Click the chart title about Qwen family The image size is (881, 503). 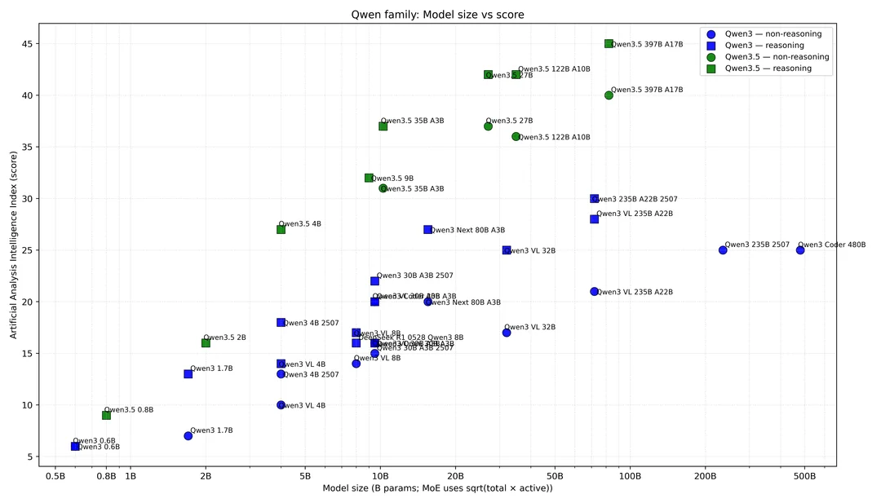440,14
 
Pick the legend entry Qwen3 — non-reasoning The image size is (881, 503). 773,34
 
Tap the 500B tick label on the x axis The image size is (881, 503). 804,475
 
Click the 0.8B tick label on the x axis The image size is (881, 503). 106,475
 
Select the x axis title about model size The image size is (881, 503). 437,488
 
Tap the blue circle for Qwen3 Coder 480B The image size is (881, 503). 800,250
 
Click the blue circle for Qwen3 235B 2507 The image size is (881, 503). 723,250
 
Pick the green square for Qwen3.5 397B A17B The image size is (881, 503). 609,44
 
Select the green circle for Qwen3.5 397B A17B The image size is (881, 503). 609,95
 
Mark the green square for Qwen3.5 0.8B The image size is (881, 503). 106,415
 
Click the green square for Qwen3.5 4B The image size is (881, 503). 281,230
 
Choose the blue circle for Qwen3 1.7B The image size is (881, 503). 188,436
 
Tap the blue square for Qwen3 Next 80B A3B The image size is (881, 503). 427,230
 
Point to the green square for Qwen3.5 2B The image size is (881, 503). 206,343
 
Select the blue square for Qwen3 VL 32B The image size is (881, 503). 507,250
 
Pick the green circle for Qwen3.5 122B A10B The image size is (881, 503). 516,137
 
